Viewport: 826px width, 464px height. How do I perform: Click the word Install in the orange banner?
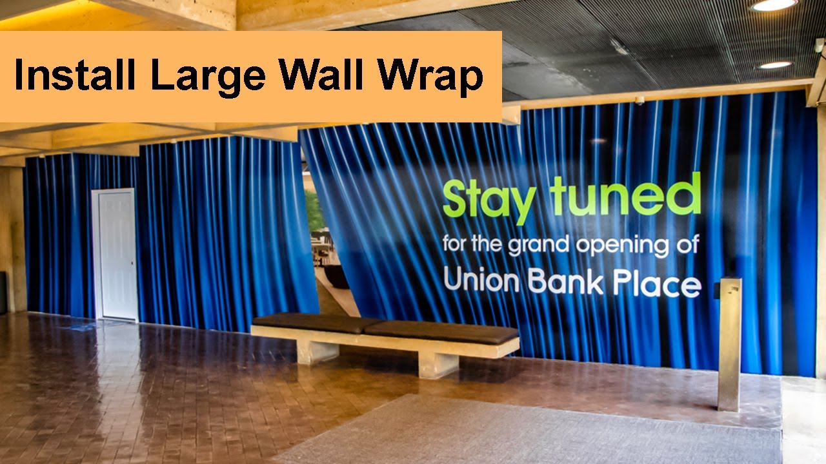pyautogui.click(x=74, y=76)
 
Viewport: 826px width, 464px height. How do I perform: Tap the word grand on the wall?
pyautogui.click(x=537, y=246)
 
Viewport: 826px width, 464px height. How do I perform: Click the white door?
pyautogui.click(x=115, y=254)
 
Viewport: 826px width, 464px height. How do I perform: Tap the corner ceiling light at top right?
pyautogui.click(x=774, y=5)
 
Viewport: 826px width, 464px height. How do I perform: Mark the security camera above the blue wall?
pyautogui.click(x=639, y=101)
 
